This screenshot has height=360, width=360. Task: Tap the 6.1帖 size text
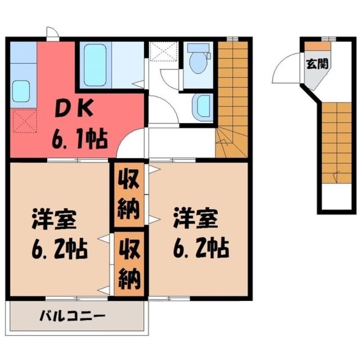click(x=79, y=139)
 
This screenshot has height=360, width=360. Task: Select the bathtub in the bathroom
click(x=95, y=64)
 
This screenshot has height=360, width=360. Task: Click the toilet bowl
click(x=198, y=63)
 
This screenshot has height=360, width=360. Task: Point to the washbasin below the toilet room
click(x=201, y=107)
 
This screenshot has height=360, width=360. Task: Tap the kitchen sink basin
click(x=21, y=91)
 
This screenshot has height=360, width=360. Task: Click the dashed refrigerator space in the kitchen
click(x=25, y=121)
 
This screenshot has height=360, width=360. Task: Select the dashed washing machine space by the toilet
click(x=163, y=51)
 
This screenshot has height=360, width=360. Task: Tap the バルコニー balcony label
click(x=72, y=317)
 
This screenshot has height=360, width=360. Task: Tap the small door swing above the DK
click(x=52, y=31)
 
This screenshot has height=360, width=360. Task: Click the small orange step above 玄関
click(x=318, y=46)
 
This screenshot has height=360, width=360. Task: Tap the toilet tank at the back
click(x=198, y=48)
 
